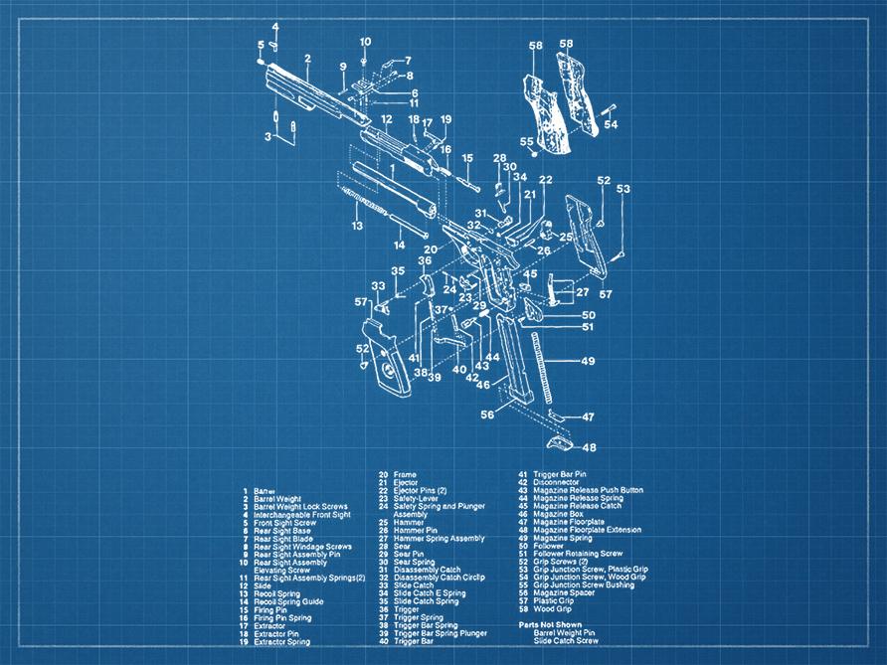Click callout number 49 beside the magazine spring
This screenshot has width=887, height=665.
coord(588,361)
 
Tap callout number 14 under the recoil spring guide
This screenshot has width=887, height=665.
coord(399,245)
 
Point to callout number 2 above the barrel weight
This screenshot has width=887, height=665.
coord(308,59)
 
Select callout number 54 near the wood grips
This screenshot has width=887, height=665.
coord(611,124)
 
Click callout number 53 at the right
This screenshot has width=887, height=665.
coord(623,189)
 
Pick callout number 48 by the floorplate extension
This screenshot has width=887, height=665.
coord(589,447)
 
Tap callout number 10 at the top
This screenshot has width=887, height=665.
coord(365,42)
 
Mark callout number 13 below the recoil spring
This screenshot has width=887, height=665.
coord(356,227)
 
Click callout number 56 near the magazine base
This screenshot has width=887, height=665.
coord(487,415)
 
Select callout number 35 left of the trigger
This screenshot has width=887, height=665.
coord(398,270)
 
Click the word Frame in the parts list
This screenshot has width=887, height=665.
coord(405,475)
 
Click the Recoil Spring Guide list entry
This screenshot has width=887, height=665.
coord(288,601)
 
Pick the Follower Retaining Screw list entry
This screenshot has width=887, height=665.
coord(577,553)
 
